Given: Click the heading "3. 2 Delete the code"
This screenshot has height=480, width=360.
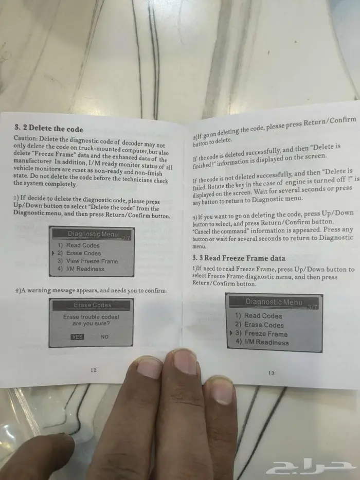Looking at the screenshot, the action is pyautogui.click(x=49, y=128).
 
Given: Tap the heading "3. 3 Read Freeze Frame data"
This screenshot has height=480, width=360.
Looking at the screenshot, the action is pyautogui.click(x=239, y=258).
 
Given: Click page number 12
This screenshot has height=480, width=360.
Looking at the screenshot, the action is pyautogui.click(x=94, y=370).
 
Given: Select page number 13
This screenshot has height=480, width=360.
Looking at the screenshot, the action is pyautogui.click(x=271, y=373).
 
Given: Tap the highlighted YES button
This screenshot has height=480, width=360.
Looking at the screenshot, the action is pyautogui.click(x=77, y=337).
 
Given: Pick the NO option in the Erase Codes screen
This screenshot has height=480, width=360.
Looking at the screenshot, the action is pyautogui.click(x=105, y=337).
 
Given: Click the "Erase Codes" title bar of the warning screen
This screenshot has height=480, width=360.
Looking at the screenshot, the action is pyautogui.click(x=92, y=305).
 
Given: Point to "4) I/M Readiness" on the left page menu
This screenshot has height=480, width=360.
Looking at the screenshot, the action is pyautogui.click(x=81, y=269).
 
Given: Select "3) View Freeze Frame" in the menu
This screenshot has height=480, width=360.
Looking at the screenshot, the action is pyautogui.click(x=87, y=261).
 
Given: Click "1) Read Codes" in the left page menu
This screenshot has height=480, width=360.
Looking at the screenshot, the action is pyautogui.click(x=78, y=245).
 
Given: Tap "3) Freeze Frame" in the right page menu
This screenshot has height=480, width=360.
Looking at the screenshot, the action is pyautogui.click(x=261, y=334).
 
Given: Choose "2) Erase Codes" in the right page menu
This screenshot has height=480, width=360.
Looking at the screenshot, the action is pyautogui.click(x=259, y=325).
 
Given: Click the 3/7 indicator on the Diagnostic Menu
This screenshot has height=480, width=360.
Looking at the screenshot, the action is pyautogui.click(x=313, y=307).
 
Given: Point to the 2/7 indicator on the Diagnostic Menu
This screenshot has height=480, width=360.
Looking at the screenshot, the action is pyautogui.click(x=126, y=238).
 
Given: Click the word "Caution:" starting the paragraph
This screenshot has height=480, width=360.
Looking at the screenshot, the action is pyautogui.click(x=26, y=138).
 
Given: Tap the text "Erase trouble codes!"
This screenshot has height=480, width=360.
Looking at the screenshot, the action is pyautogui.click(x=91, y=317).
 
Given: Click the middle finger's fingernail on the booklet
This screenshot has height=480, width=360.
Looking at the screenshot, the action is pyautogui.click(x=185, y=361).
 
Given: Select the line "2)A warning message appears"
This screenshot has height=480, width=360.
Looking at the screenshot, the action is pyautogui.click(x=91, y=290).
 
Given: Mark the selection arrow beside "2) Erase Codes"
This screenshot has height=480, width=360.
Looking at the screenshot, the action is pyautogui.click(x=53, y=253).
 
